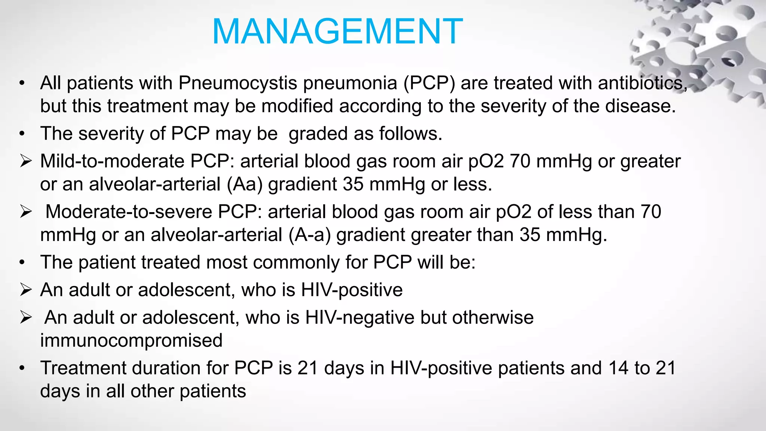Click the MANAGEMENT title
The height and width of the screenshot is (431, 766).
[x=337, y=31]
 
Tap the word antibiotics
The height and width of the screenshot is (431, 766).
[x=642, y=83]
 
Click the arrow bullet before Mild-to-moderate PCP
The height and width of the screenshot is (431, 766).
[x=26, y=162]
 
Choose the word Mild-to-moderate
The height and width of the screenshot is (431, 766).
[x=112, y=161]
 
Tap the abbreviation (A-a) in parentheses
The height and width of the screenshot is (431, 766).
[x=309, y=235]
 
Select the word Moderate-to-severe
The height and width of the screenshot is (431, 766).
[x=129, y=212]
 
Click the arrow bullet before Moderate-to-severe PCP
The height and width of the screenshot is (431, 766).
[x=26, y=212]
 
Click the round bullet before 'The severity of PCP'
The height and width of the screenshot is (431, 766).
[x=22, y=134]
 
